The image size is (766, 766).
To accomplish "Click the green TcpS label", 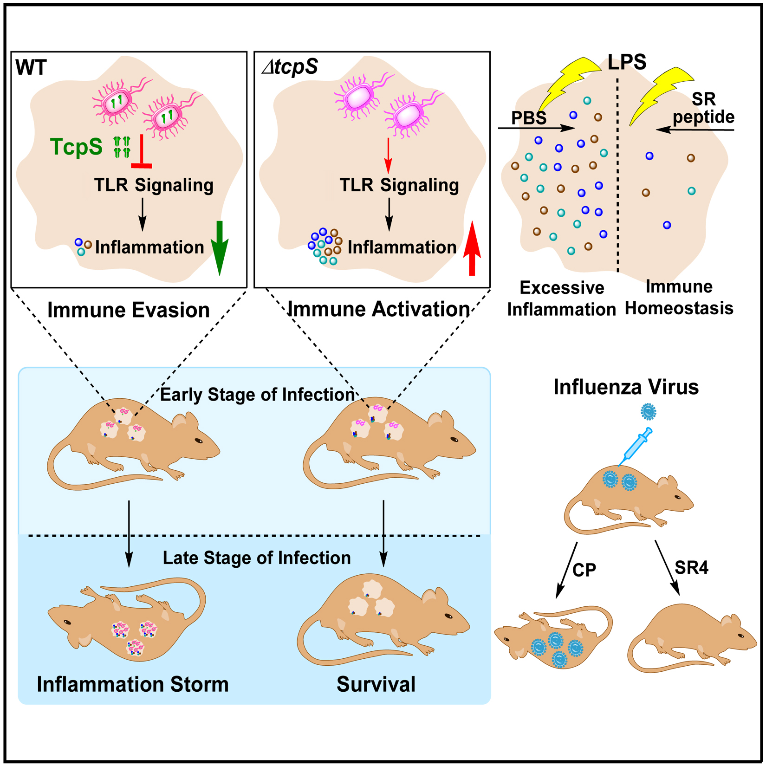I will (x=76, y=147).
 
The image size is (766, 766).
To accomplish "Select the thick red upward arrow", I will (x=472, y=248).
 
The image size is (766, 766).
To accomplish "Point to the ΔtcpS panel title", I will (x=290, y=67).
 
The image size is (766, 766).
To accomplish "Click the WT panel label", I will (x=31, y=68).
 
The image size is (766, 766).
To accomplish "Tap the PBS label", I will (x=529, y=118).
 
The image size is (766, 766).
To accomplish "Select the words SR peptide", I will (x=704, y=108).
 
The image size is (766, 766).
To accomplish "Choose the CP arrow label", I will (x=584, y=570).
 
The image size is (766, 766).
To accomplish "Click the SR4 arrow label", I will (x=692, y=567).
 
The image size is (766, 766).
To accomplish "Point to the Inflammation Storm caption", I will (x=133, y=684).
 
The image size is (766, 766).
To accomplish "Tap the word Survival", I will (x=376, y=684).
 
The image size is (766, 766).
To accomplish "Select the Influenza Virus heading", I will (x=626, y=387).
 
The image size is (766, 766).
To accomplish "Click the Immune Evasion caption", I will (x=129, y=310).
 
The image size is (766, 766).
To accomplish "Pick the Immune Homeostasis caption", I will (x=679, y=298).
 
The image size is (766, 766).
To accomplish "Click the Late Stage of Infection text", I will (x=257, y=558).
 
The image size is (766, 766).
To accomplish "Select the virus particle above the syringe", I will (x=648, y=411).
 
